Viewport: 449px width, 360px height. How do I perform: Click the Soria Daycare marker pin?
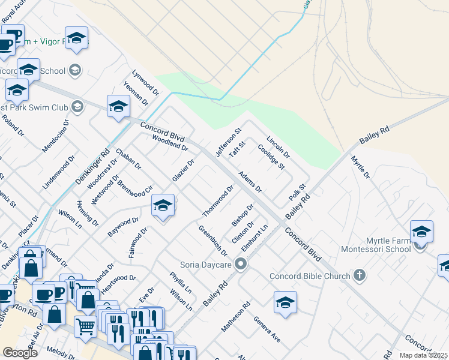[241, 264]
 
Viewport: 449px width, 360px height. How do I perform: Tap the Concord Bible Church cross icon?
[360, 276]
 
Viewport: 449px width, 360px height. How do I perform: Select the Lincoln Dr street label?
[278, 146]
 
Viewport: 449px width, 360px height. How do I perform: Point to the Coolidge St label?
[270, 157]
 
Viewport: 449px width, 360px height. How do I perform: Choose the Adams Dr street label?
[250, 182]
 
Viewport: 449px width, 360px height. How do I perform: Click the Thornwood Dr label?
[218, 201]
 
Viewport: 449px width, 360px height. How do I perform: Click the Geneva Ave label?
[267, 329]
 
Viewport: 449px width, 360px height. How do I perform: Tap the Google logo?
[20, 353]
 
